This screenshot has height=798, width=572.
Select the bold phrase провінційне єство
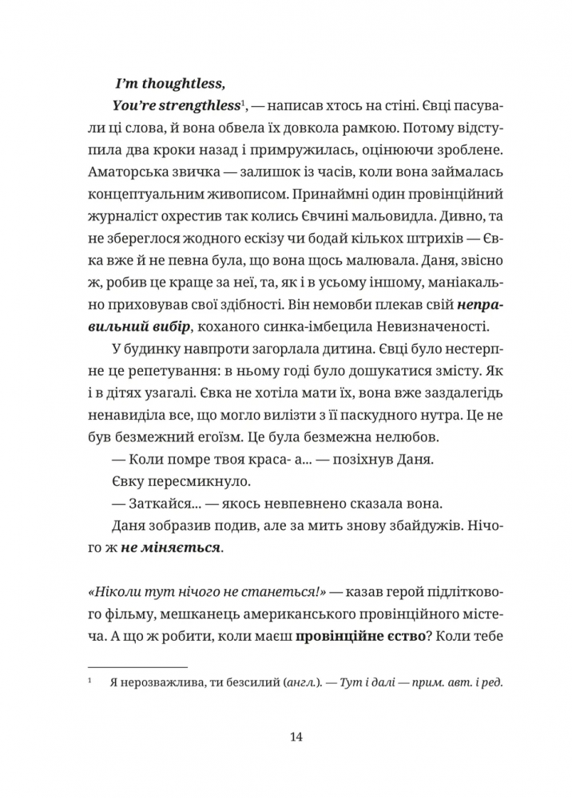pyautogui.click(x=361, y=638)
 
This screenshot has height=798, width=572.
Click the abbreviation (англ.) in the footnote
pyautogui.click(x=295, y=683)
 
